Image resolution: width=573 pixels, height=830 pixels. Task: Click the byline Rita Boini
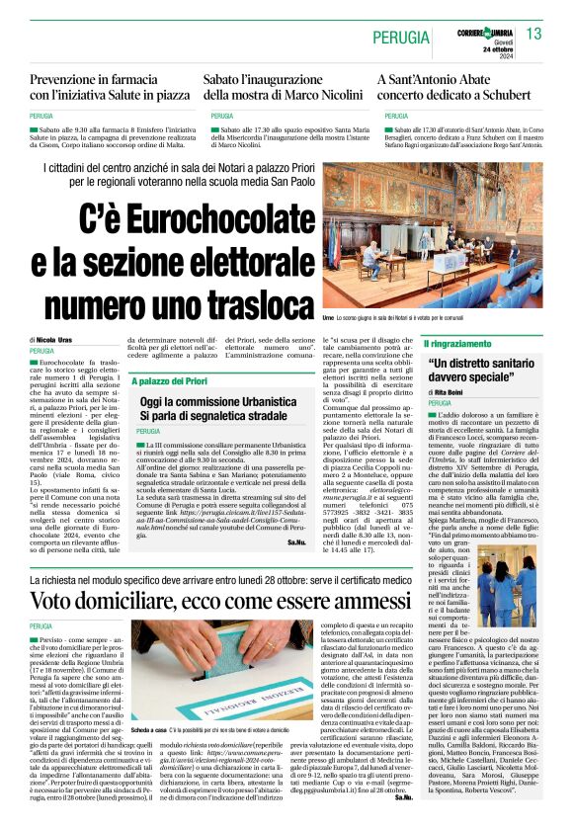(453, 392)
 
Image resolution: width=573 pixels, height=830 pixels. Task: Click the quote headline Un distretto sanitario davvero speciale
(484, 371)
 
